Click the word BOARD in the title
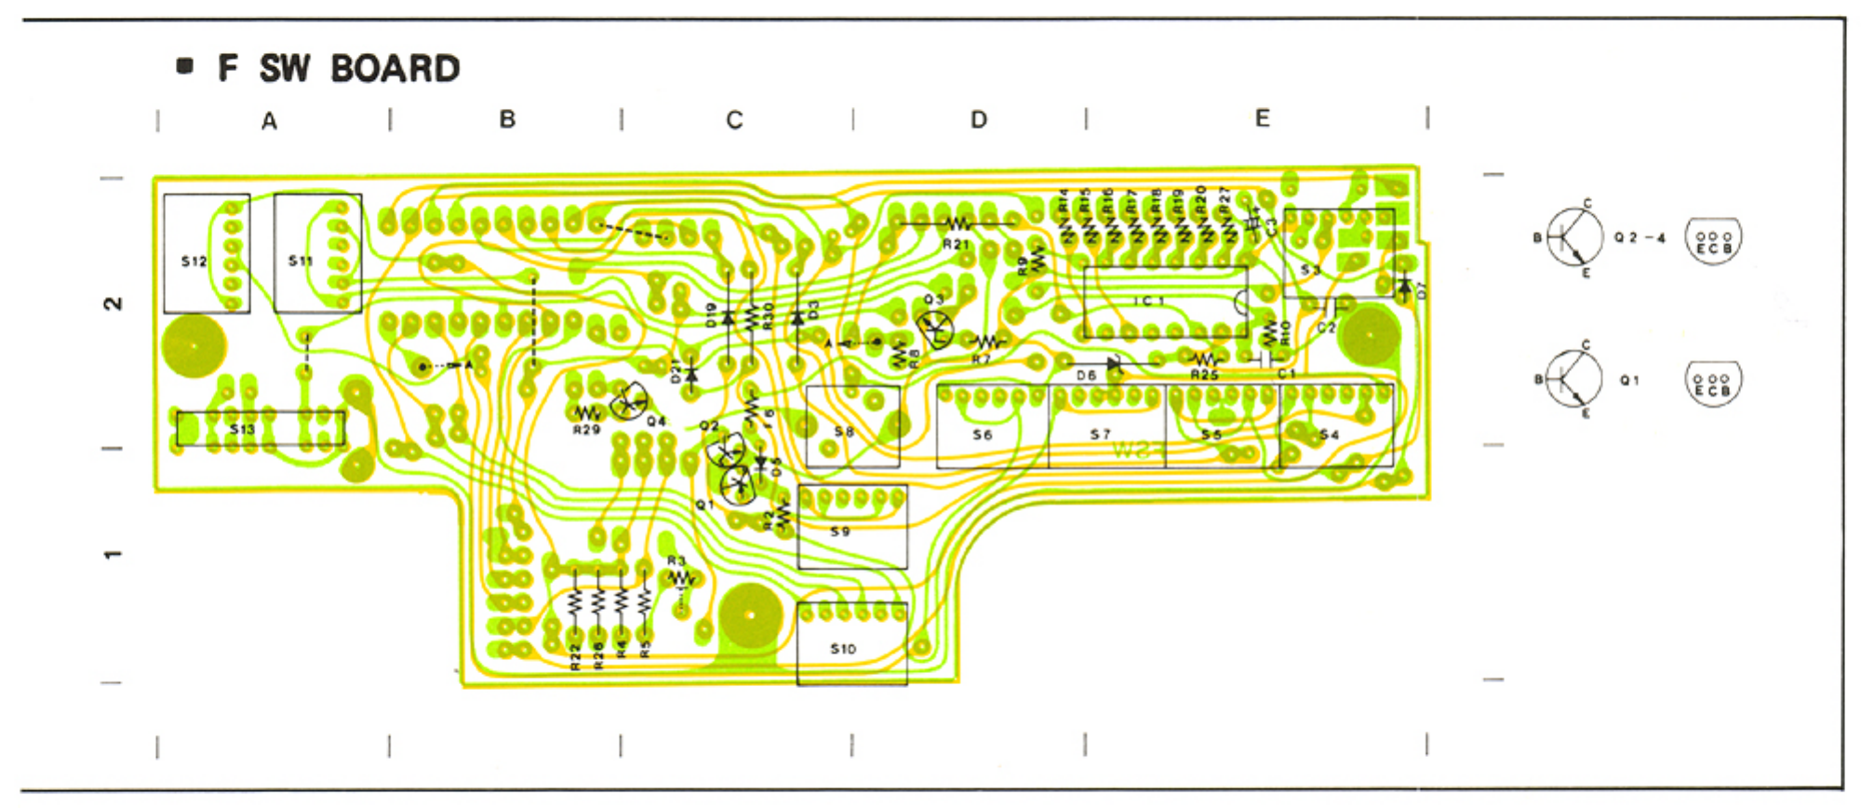coord(395,69)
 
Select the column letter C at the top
coord(734,121)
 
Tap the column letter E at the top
coord(1262,119)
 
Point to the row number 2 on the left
coord(113,303)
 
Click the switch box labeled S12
coord(206,253)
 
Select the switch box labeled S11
coord(317,252)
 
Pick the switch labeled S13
coord(261,428)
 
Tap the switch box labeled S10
coord(851,644)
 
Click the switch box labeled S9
coord(851,527)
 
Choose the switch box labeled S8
coord(852,427)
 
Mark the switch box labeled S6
coord(992,426)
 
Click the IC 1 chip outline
coord(1164,302)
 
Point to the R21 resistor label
coord(956,245)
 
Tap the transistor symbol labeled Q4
coord(630,403)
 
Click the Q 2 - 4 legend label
coord(1640,238)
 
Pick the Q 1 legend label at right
coord(1629,381)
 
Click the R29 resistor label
coord(586,430)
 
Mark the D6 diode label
coord(1085,376)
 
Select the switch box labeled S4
coord(1336,426)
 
